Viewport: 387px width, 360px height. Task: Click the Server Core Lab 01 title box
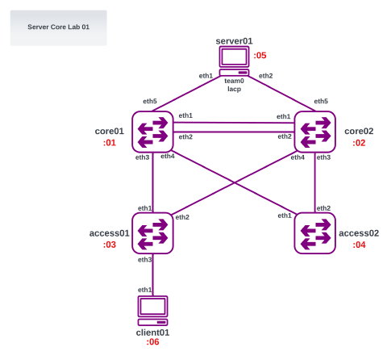[58, 27]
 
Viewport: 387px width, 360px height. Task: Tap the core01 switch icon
[153, 131]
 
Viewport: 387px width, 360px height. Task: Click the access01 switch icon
[153, 232]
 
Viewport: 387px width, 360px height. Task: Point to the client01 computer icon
[153, 310]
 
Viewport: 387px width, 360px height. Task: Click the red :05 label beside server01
[260, 56]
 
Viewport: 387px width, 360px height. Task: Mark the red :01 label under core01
[110, 143]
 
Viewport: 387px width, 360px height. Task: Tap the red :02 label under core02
[359, 143]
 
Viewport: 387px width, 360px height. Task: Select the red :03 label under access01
[110, 245]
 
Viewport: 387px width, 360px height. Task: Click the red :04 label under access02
[359, 245]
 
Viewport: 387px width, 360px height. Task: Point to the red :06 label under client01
[152, 342]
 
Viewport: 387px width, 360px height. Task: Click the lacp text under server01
[235, 89]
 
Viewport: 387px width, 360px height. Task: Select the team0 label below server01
[235, 81]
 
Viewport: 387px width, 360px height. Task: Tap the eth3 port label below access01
[144, 259]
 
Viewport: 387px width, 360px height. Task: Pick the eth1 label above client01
[144, 290]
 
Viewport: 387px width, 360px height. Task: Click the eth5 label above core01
[150, 102]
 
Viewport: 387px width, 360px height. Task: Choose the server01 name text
[235, 40]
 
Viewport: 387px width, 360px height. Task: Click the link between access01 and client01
[153, 274]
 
